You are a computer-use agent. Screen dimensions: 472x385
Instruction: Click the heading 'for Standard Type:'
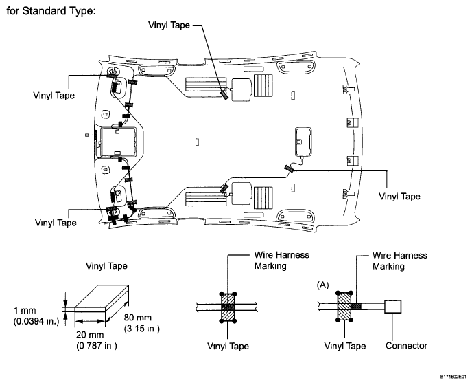point(51,11)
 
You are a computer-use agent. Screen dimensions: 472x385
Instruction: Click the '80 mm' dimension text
point(138,318)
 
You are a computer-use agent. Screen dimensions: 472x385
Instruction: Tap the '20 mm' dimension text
point(90,335)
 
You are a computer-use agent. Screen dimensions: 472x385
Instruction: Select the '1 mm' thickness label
point(25,310)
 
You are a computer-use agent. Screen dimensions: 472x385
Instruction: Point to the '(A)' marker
point(323,285)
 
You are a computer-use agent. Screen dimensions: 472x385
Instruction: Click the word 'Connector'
point(406,346)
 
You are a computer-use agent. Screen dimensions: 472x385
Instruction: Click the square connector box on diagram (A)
point(393,307)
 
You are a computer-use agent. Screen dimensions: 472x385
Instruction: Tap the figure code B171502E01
point(455,377)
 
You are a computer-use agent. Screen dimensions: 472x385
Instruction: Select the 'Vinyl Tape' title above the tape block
point(106,266)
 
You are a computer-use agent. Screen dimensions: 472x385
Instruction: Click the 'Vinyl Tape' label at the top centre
point(169,25)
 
